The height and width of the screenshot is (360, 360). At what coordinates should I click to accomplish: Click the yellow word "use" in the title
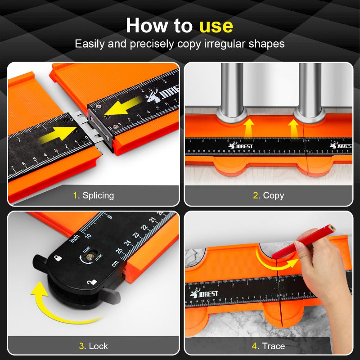tap(216, 26)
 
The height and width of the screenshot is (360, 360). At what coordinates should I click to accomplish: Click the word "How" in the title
tap(144, 26)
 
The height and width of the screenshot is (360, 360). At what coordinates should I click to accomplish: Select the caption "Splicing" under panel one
tap(98, 195)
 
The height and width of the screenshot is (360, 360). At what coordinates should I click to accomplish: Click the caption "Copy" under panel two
tap(274, 195)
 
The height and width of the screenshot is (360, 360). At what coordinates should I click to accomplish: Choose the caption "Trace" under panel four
tap(274, 346)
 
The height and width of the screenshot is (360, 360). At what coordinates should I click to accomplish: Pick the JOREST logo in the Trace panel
tap(205, 293)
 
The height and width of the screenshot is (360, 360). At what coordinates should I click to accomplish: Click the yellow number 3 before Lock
tap(81, 346)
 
